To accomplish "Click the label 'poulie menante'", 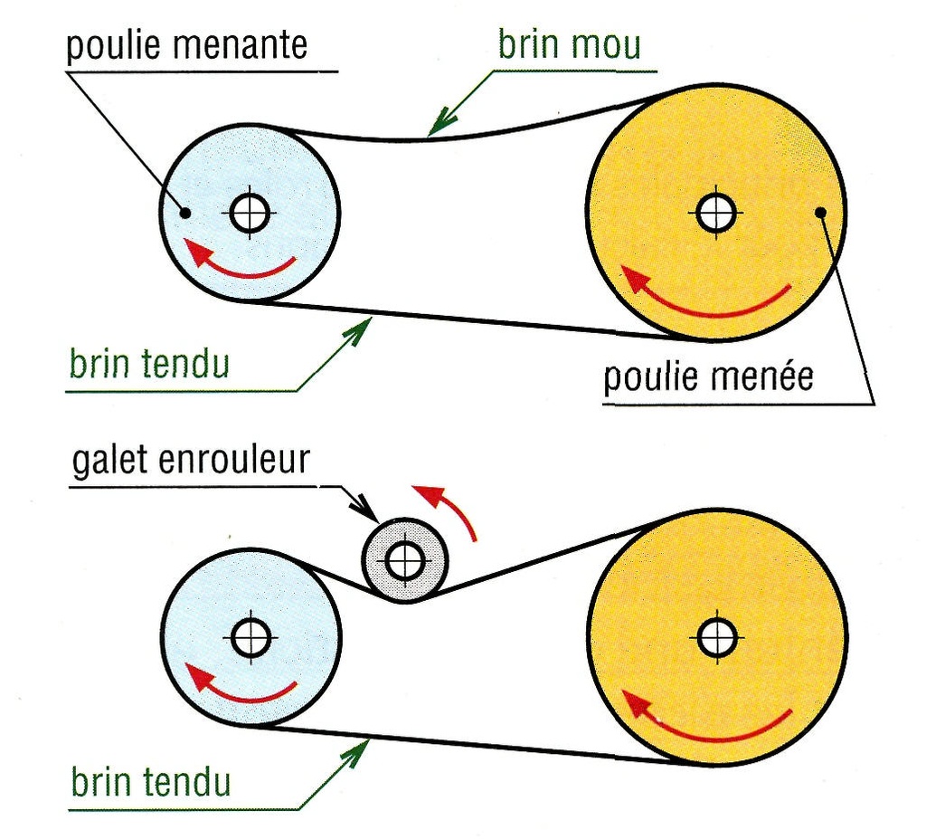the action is [186, 45].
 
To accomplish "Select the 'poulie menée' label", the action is [708, 377].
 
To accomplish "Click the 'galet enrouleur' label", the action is [191, 460].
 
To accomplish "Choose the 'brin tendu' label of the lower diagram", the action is [151, 781].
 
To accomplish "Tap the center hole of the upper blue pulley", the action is [250, 213].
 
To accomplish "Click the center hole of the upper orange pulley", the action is [716, 213].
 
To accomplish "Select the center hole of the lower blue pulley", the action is [251, 637].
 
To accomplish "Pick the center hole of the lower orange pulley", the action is [717, 637].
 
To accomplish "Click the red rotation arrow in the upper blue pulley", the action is [245, 273].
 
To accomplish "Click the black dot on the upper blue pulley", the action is [185, 213].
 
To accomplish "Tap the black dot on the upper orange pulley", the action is [820, 212].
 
